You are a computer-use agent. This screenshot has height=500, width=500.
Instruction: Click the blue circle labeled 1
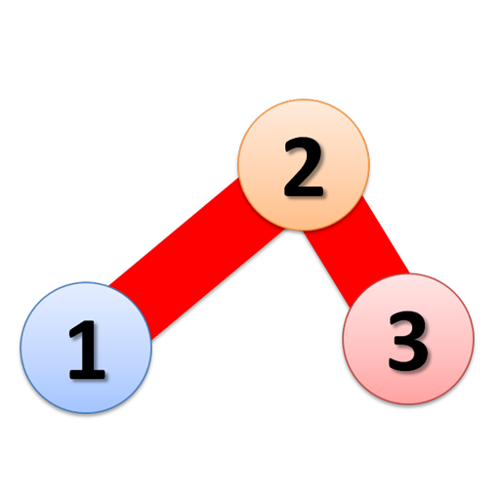pyautogui.click(x=86, y=348)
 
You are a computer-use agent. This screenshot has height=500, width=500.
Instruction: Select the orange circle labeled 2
pyautogui.click(x=304, y=165)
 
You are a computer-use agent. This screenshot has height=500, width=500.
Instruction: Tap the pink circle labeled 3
pyautogui.click(x=408, y=339)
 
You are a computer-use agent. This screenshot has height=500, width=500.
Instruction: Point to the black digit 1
pyautogui.click(x=87, y=350)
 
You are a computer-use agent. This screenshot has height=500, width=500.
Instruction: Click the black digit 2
pyautogui.click(x=304, y=167)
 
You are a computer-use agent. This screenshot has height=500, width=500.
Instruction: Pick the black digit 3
pyautogui.click(x=408, y=341)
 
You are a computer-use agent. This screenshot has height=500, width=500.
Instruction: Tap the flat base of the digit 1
pyautogui.click(x=87, y=374)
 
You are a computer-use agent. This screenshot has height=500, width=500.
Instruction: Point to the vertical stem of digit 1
pyautogui.click(x=89, y=349)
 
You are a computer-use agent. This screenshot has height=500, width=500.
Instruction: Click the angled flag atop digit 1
pyautogui.click(x=77, y=330)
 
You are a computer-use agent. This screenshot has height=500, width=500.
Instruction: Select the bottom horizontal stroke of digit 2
pyautogui.click(x=304, y=191)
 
